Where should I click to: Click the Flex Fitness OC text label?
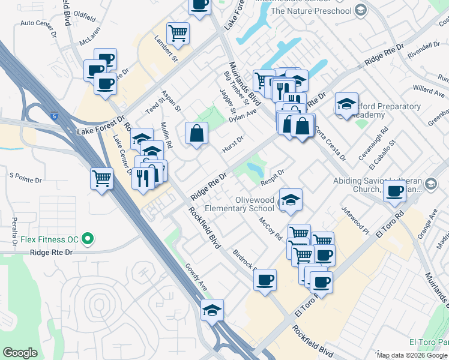[49, 239]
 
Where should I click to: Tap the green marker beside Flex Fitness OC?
[88, 239]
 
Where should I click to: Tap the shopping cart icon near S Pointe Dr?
[101, 178]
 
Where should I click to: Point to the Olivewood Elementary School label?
[240, 204]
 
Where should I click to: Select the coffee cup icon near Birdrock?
[265, 279]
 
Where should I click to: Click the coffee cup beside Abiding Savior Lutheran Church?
[394, 191]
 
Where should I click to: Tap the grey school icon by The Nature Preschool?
[360, 10]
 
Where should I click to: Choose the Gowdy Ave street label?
[196, 278]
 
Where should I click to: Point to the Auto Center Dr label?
[38, 23]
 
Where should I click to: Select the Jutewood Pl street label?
[355, 220]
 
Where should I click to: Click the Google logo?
[20, 353]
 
